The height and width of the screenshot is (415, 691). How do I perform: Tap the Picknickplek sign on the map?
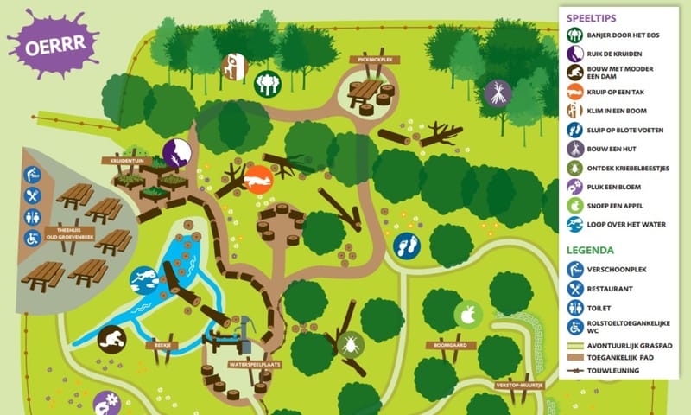click(371, 60)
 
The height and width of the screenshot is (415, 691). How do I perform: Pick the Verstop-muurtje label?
click(519, 385)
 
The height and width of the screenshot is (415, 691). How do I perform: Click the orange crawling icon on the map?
click(258, 180)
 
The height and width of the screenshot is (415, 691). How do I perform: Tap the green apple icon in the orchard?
click(467, 316)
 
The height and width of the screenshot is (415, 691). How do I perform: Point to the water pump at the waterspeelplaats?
click(244, 332)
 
